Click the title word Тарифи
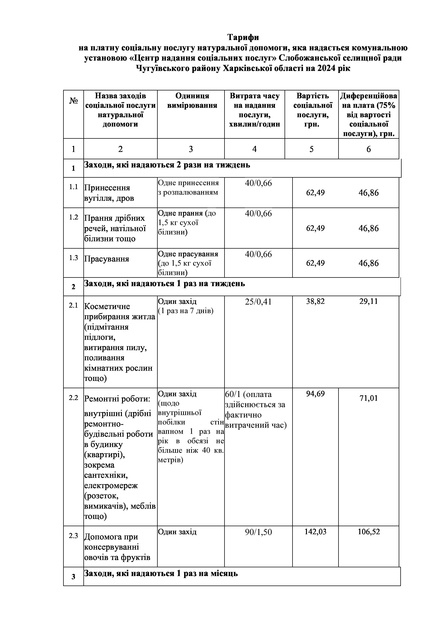243,37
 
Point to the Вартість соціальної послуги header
312,110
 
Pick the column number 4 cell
254,149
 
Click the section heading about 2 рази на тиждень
167,165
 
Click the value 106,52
369,532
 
